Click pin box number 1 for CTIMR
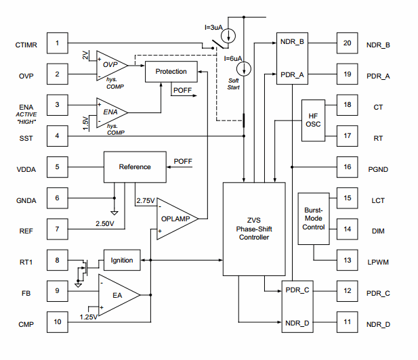[58, 45]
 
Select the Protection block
[171, 71]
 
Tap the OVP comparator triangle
[110, 65]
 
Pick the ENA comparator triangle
[110, 110]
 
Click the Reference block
[135, 167]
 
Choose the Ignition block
[121, 260]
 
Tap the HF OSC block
[313, 120]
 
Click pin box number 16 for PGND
[347, 166]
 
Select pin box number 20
[347, 43]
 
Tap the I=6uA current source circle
[244, 68]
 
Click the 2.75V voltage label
[146, 201]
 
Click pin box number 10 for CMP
[58, 322]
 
